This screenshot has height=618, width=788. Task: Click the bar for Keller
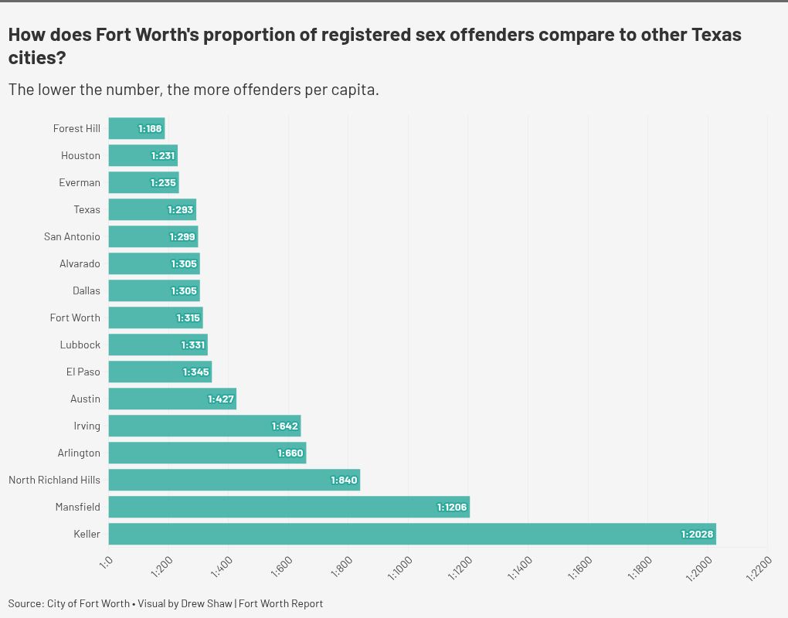[x=412, y=534]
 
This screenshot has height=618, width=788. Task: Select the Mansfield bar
[x=289, y=507]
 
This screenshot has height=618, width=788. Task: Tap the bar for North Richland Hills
[x=234, y=480]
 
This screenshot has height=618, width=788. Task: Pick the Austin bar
[x=172, y=399]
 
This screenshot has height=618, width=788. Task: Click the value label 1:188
[x=151, y=128]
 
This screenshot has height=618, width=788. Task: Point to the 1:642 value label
[x=284, y=426]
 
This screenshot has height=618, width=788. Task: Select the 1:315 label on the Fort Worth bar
[x=189, y=317]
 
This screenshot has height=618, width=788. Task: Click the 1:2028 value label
[x=697, y=534]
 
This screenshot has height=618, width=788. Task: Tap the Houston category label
[x=80, y=155]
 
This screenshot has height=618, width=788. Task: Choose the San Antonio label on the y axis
[x=72, y=236]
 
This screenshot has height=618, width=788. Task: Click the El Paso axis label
[x=83, y=372]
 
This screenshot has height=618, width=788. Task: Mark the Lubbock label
[x=80, y=345]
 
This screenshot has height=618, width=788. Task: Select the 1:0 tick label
[x=107, y=562]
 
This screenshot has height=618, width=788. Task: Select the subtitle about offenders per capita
[x=193, y=90]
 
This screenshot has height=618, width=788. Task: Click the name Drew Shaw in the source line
[x=206, y=603]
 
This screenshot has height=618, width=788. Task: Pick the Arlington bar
[x=207, y=453]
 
